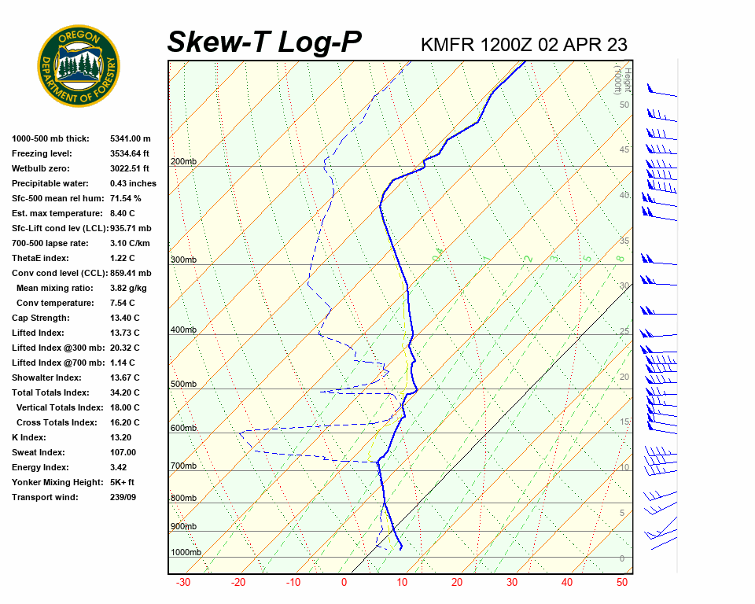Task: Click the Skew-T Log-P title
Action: click(x=264, y=42)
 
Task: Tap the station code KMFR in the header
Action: click(x=447, y=44)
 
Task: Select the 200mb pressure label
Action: click(x=184, y=162)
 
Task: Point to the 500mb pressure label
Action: click(x=184, y=385)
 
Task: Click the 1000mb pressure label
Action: click(x=186, y=552)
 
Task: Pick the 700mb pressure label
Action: click(x=184, y=466)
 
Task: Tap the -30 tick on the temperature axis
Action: click(x=183, y=583)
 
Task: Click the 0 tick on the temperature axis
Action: click(x=344, y=583)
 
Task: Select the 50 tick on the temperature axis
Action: click(x=621, y=583)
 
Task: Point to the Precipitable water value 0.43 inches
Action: click(x=133, y=183)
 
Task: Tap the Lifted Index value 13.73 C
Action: click(x=124, y=333)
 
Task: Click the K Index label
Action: click(x=30, y=437)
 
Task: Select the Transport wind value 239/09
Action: click(x=123, y=497)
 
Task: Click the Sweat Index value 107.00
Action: click(x=123, y=452)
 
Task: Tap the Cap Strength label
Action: click(x=40, y=318)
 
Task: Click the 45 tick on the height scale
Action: click(x=624, y=150)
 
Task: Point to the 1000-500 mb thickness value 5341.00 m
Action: click(x=131, y=138)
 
